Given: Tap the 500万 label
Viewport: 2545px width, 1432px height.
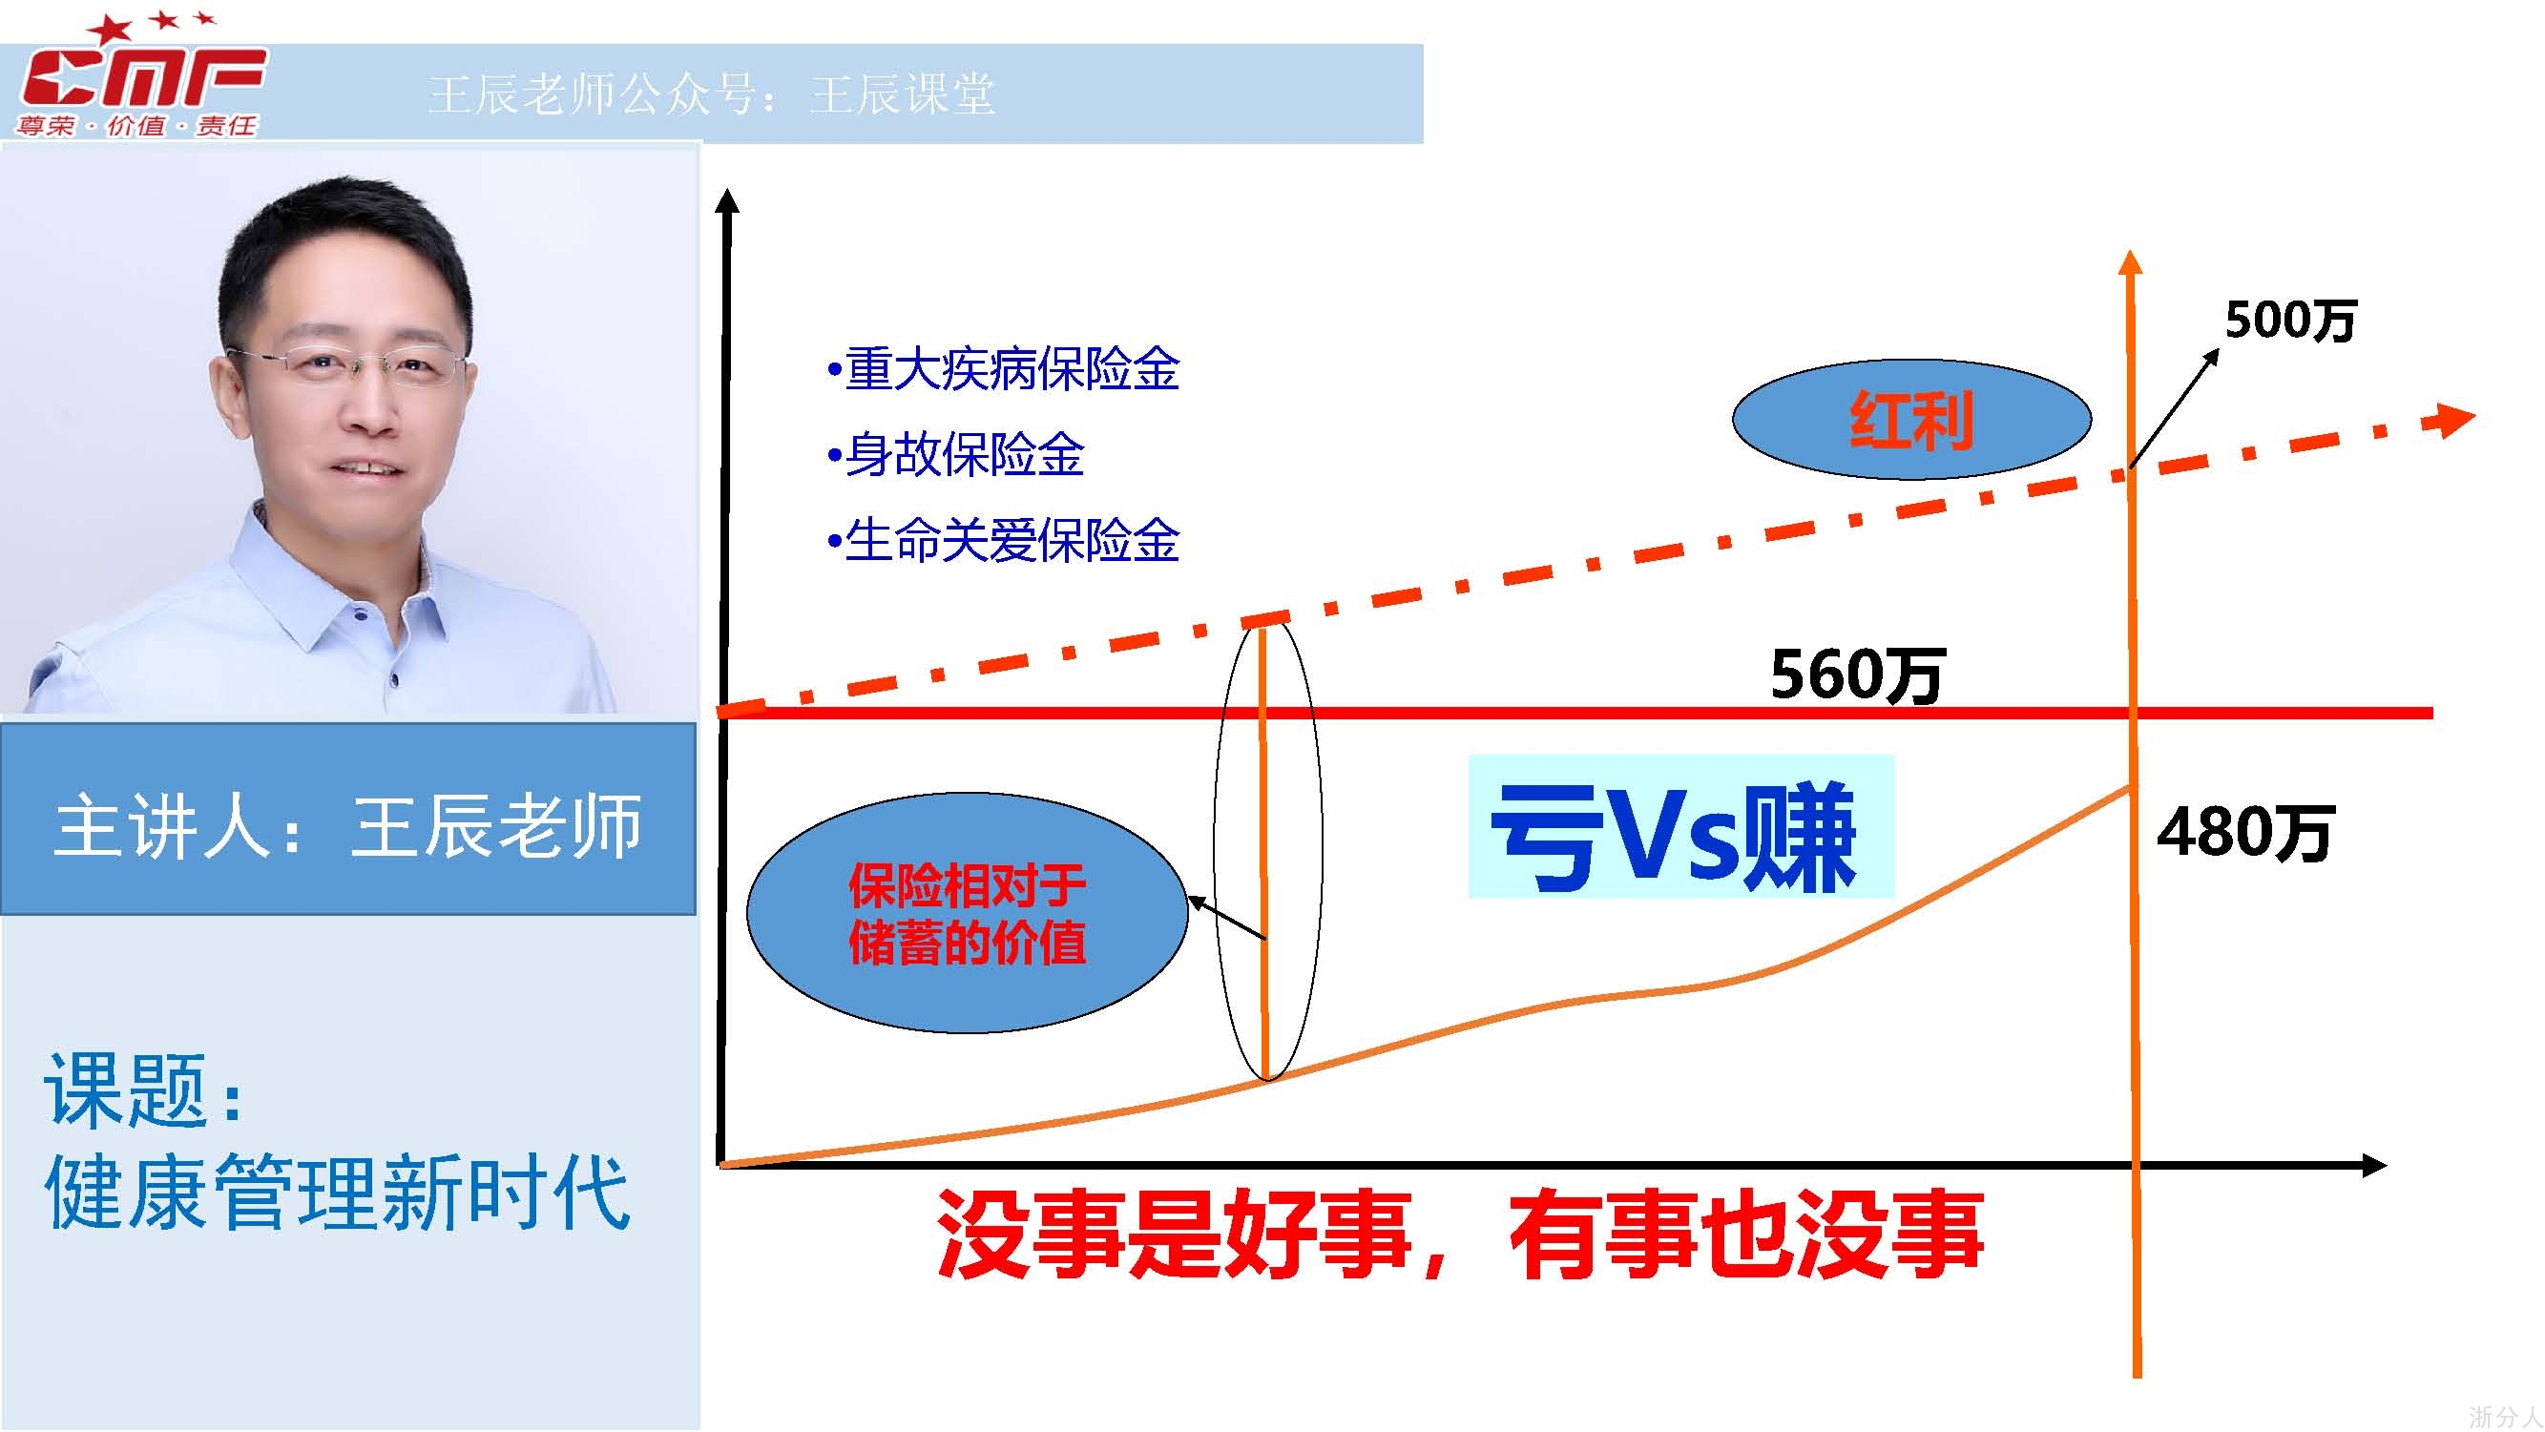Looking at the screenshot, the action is pos(2290,320).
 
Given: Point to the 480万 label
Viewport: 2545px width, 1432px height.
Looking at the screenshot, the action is pos(2244,832).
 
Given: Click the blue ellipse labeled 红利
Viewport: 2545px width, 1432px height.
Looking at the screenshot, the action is pos(1911,420).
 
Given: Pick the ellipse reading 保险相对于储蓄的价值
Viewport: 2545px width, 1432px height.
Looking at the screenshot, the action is pos(968,912).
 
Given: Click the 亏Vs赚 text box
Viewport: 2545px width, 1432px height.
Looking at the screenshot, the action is pos(1680,826).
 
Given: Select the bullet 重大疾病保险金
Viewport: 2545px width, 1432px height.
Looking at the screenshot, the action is pos(1004,369).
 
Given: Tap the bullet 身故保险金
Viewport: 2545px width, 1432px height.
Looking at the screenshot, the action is pos(955,455).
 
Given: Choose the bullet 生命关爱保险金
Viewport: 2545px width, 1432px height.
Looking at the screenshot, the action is pos(1004,541).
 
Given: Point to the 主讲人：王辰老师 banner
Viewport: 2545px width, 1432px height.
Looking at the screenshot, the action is pos(347,819).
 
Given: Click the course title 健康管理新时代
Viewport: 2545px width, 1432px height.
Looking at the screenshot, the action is pos(337,1192).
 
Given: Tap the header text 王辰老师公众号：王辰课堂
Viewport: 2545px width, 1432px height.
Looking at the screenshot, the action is pos(711,94).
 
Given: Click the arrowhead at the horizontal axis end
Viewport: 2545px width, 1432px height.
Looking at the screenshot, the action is pos(2373,1166).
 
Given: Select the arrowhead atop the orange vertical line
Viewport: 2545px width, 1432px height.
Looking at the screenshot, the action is pos(2131,262).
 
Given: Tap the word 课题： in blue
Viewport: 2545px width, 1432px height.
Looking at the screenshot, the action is pos(143,1090).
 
